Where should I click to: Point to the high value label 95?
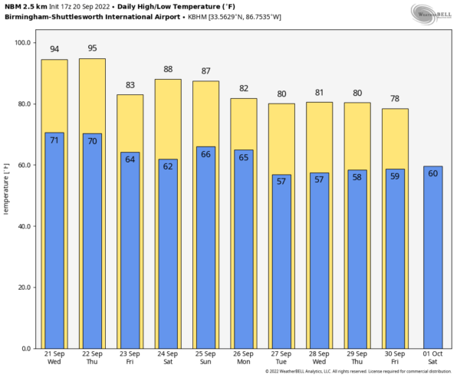(92, 48)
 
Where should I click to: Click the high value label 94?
(54, 49)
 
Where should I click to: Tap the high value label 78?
(396, 98)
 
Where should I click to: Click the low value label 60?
(433, 173)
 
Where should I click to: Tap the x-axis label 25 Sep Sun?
(205, 357)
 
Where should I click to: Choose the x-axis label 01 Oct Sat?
(433, 357)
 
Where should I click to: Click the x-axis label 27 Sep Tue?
(281, 357)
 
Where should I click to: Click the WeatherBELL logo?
(432, 13)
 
